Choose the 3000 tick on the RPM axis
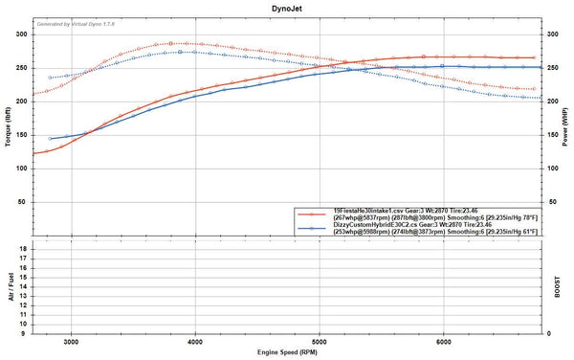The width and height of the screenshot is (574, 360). tap(71, 343)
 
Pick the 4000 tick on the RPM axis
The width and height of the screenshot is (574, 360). tap(195, 343)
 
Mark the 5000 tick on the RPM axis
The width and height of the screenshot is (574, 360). tap(320, 343)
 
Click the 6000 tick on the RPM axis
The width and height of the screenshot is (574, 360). tap(444, 343)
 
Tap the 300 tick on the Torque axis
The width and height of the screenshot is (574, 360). tap(21, 34)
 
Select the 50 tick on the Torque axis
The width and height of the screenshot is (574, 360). tap(23, 203)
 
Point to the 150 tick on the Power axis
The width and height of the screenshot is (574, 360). tap(552, 135)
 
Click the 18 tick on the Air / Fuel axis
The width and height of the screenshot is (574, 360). tap(23, 247)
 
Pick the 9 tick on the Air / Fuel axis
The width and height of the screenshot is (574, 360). tap(25, 334)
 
